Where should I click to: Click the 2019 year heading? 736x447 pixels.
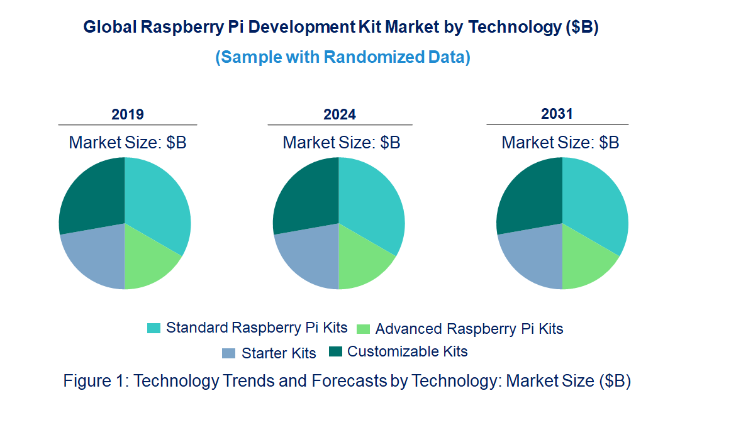pos(128,114)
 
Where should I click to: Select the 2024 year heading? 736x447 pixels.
pos(340,114)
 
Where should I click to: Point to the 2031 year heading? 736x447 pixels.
pos(557,114)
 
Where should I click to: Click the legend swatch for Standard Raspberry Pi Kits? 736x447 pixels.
pos(153,328)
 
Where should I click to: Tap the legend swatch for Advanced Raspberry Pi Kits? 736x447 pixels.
pos(363,329)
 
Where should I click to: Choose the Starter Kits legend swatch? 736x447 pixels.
pos(229,353)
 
